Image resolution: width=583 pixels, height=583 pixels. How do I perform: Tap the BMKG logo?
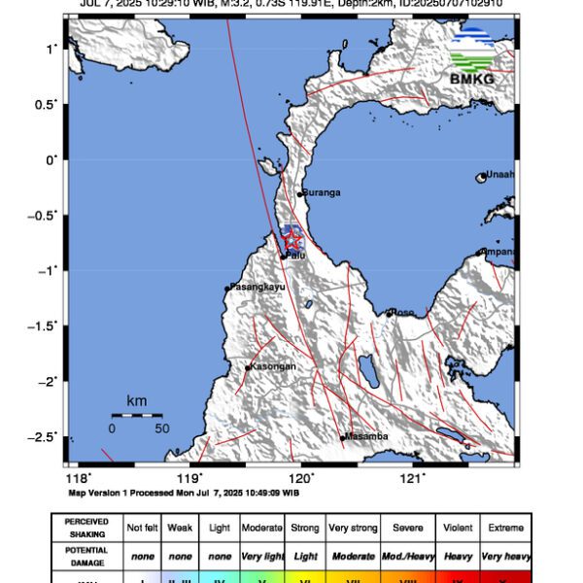click(473, 57)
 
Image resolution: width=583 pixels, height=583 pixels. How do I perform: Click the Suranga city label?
click(322, 193)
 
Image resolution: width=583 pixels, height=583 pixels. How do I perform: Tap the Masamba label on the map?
click(367, 436)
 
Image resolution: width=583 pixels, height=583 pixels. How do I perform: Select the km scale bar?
click(136, 415)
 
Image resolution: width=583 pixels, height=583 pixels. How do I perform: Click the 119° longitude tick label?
click(189, 477)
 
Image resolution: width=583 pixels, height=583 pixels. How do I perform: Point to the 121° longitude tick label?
click(414, 477)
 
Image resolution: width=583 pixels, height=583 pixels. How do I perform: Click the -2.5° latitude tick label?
click(42, 436)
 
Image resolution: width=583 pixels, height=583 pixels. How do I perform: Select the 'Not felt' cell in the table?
click(142, 528)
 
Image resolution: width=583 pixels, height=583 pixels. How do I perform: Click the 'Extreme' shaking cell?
click(504, 528)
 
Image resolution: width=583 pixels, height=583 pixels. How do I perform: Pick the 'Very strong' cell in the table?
click(353, 528)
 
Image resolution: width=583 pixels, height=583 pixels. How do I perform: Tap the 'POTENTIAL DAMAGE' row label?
click(86, 556)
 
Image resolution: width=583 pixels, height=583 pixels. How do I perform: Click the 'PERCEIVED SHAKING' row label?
click(86, 528)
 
